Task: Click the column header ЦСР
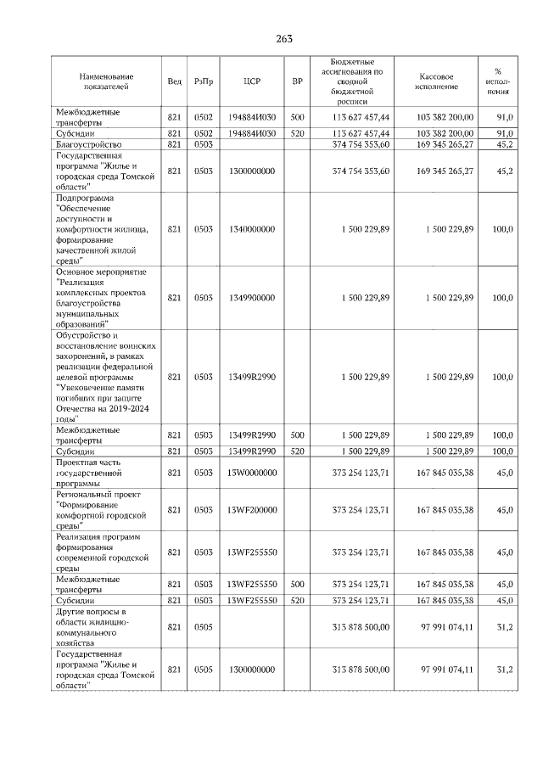point(251,81)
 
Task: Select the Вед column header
point(174,81)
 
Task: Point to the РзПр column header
point(204,81)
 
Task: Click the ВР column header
point(297,81)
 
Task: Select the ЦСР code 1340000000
point(251,230)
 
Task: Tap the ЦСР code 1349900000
point(251,298)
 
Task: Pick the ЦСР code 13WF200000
point(251,510)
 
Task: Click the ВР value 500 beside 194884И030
point(297,117)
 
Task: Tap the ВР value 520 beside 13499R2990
point(297,451)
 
